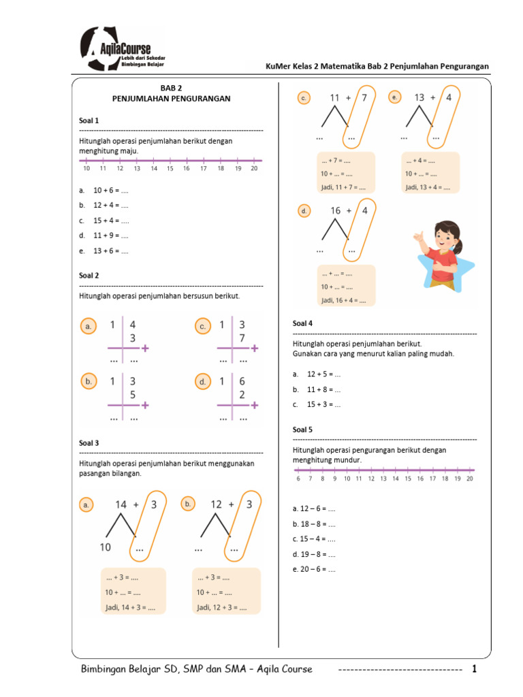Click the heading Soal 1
tap(89, 120)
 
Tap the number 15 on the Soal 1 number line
tap(170, 168)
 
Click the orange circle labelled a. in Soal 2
tap(88, 327)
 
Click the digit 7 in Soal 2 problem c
tap(242, 338)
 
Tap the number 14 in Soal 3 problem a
tap(121, 504)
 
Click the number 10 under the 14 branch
tap(106, 547)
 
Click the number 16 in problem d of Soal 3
tap(336, 211)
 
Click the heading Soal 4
tap(302, 323)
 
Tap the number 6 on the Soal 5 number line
tap(298, 479)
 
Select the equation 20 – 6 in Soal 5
tap(314, 569)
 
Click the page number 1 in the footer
tap(475, 669)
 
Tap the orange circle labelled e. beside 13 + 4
tap(394, 98)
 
